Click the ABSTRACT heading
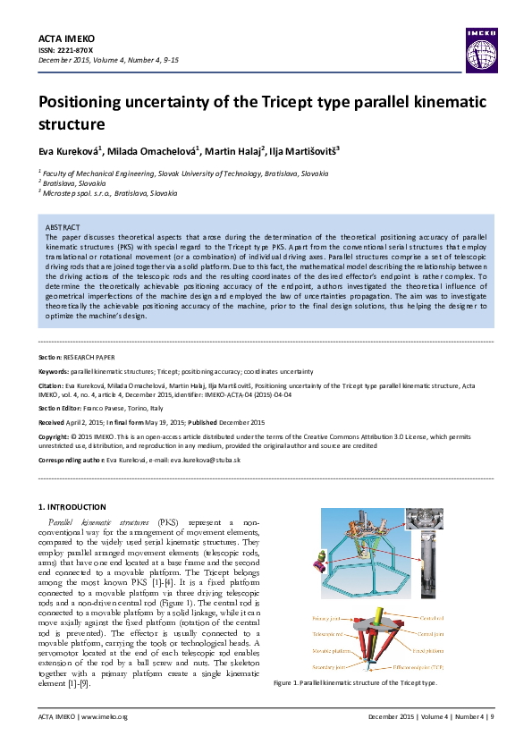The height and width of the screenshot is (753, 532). coord(63,228)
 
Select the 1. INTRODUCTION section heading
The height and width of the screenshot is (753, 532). coord(76,507)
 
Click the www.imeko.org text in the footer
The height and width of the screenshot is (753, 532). coord(106,717)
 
